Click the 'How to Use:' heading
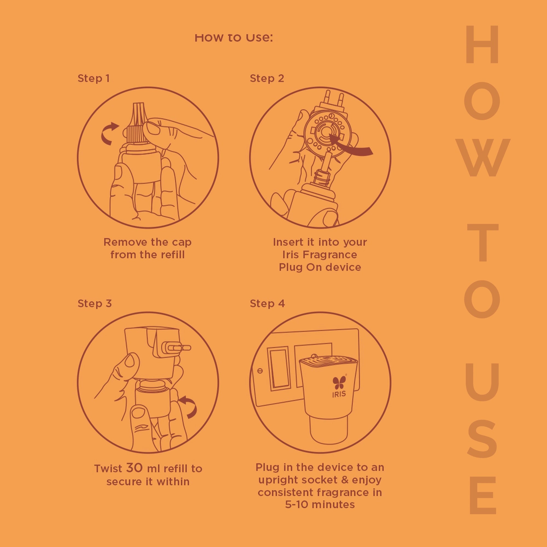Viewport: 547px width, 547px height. click(234, 38)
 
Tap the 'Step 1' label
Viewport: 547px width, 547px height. click(94, 78)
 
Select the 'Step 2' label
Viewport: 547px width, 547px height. click(267, 78)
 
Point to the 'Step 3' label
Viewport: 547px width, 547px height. click(95, 304)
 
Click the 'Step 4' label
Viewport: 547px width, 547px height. click(267, 304)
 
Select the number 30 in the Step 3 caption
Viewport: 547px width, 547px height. click(134, 468)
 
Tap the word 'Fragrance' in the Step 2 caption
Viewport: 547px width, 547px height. click(330, 255)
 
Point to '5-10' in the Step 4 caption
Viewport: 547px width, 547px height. click(296, 504)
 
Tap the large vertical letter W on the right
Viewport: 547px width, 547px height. click(483, 158)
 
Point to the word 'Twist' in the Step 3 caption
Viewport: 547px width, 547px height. click(108, 469)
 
